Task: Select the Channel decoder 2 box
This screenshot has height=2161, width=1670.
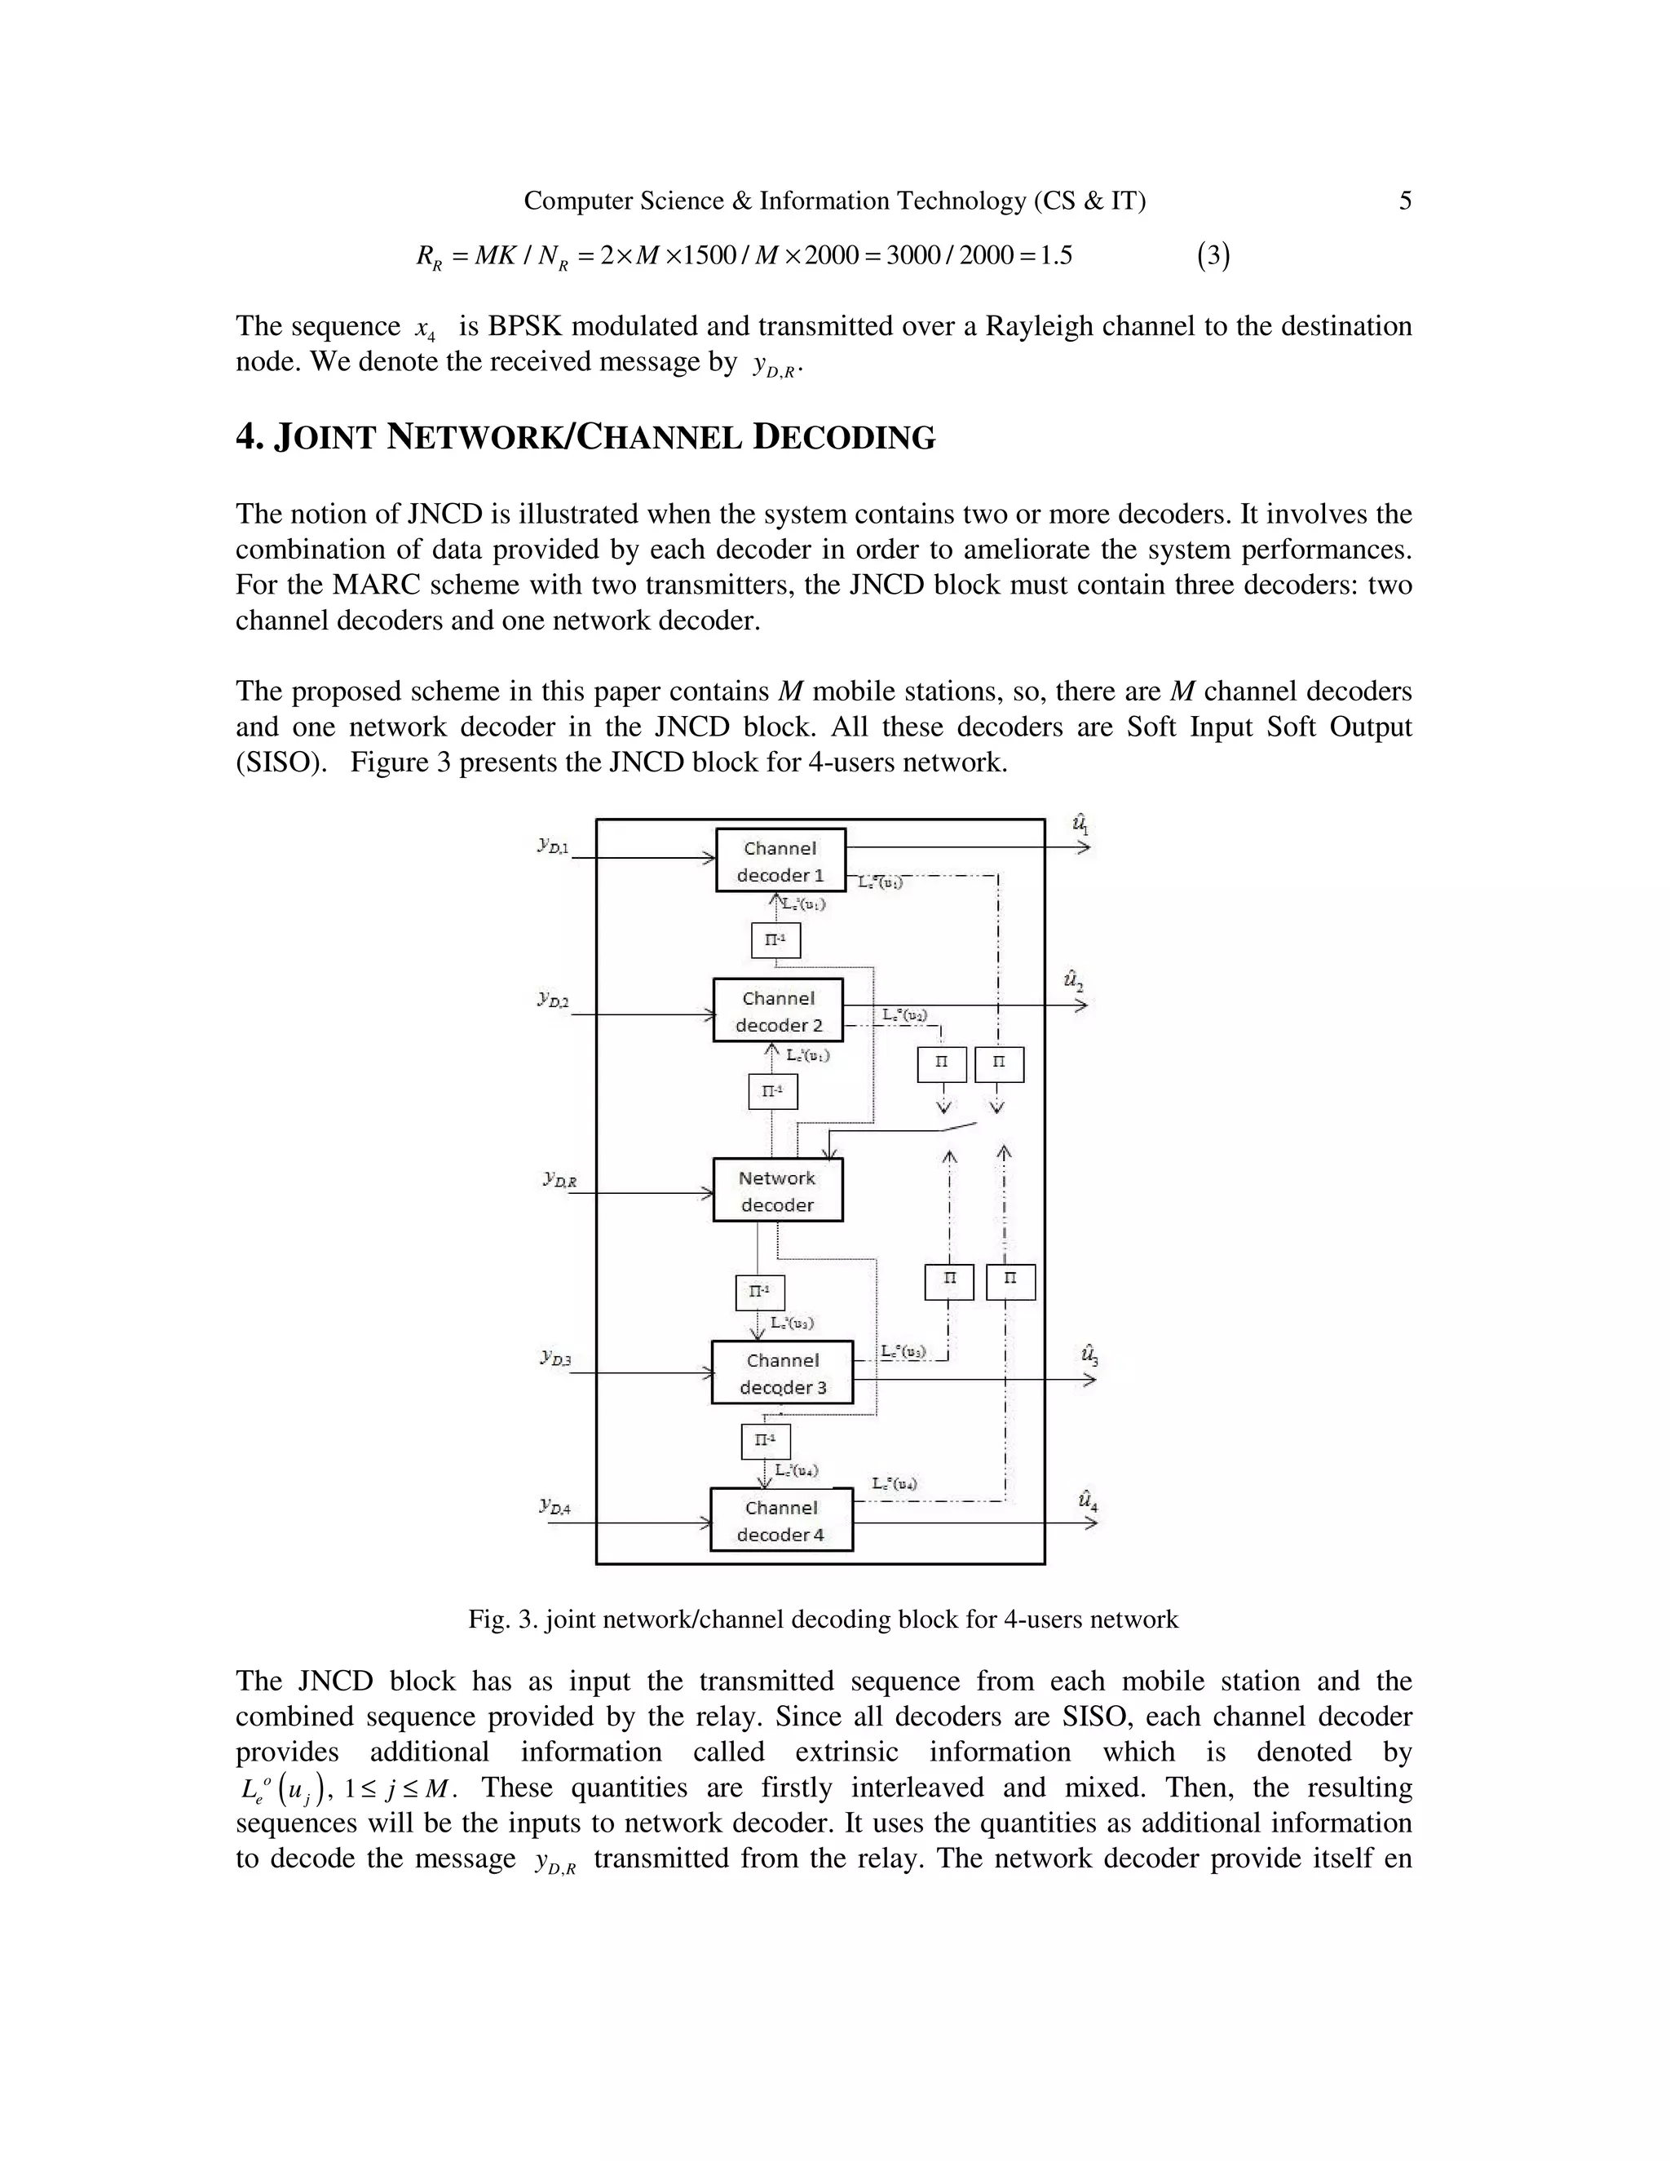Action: point(778,1010)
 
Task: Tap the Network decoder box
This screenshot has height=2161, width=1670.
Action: point(778,1191)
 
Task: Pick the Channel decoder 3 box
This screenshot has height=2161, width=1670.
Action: point(781,1372)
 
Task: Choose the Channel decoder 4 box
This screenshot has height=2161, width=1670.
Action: point(780,1520)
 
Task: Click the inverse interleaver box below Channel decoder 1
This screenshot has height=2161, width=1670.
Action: point(775,940)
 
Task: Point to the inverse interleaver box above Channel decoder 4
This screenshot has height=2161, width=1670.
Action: point(766,1441)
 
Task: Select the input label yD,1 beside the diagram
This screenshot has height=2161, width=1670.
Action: point(553,845)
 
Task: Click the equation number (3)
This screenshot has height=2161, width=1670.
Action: point(1213,256)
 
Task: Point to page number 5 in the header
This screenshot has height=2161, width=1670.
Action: point(1405,201)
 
